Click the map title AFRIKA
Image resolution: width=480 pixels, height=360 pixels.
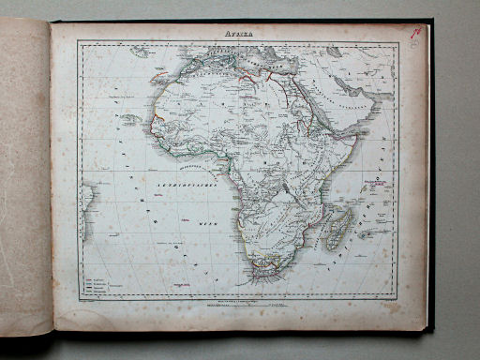pos(240,34)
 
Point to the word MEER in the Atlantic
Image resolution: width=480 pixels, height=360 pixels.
pos(207,224)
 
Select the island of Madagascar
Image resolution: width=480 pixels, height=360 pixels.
pos(337,228)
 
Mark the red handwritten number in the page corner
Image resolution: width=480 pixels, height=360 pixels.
pos(415,33)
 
